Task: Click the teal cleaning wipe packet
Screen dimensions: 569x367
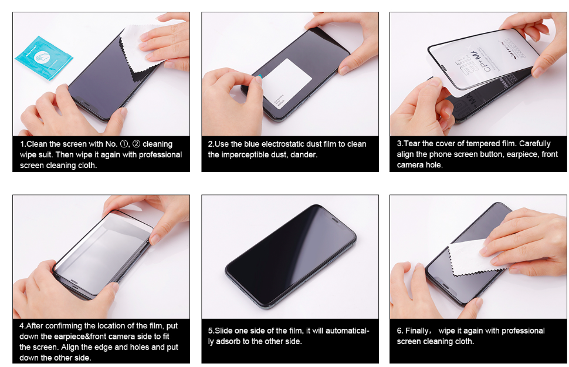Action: tap(43, 58)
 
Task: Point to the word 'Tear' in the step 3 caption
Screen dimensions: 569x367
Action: tap(412, 143)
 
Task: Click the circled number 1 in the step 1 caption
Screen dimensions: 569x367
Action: tap(124, 144)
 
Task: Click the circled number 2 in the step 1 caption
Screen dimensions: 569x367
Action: tap(137, 144)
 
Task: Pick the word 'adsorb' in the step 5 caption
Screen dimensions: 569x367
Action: tap(228, 342)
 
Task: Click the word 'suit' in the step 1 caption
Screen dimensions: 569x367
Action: tap(45, 155)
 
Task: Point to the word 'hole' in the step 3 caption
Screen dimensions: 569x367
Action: tap(433, 165)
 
